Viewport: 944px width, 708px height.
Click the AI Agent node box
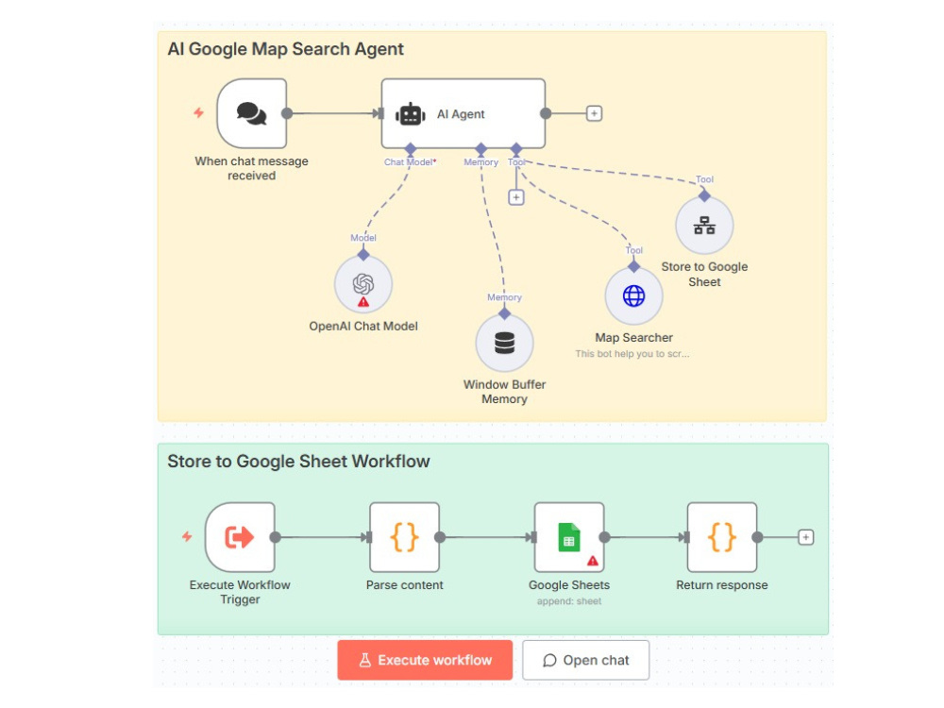point(463,113)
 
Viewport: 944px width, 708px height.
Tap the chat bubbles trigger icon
point(252,113)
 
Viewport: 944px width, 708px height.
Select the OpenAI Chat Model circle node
point(363,284)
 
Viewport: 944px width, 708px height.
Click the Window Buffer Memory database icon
point(504,344)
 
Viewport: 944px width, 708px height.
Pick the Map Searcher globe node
point(634,296)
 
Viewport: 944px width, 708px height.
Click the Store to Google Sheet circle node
point(704,226)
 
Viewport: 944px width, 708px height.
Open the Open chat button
point(586,661)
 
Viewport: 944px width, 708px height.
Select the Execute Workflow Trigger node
point(240,537)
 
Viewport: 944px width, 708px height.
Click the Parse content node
point(405,537)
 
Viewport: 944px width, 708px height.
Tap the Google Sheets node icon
point(569,537)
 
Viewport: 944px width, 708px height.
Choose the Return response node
point(722,537)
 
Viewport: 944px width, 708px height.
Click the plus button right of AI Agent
point(594,113)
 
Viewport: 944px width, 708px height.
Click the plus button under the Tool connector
point(516,197)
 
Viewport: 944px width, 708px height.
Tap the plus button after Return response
point(805,537)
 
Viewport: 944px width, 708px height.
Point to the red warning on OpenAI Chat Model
point(363,302)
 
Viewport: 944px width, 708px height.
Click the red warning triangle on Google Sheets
point(593,561)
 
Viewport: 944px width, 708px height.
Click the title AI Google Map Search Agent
point(285,49)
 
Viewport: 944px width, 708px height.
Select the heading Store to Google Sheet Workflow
point(298,462)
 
